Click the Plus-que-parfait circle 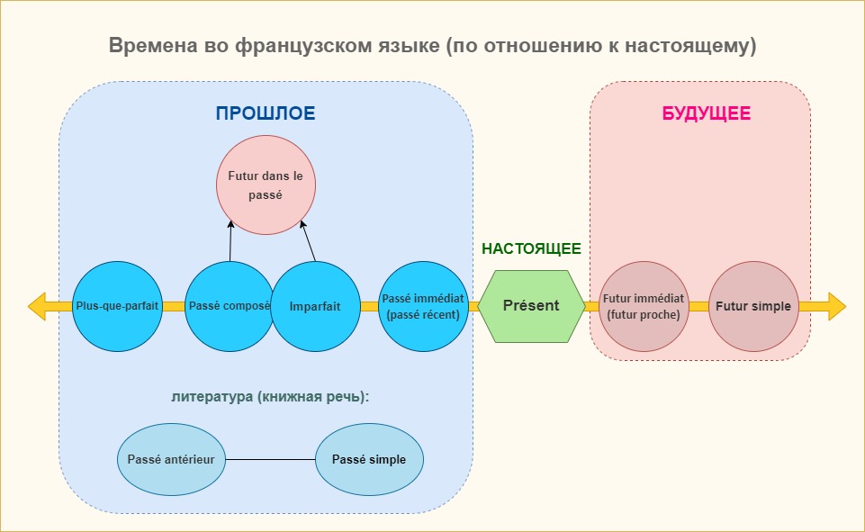coord(117,306)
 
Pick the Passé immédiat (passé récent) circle coord(423,306)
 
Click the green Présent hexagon coord(531,306)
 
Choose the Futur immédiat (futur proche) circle coord(644,306)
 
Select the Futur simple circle coord(753,306)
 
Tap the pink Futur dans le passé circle coord(266,185)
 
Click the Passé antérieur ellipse coord(171,459)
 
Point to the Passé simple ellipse coord(369,459)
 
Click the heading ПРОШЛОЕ coord(266,114)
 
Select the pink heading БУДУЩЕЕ coord(707,114)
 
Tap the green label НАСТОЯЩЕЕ coord(531,249)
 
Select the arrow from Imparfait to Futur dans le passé coord(308,241)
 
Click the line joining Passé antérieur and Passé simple coord(270,459)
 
